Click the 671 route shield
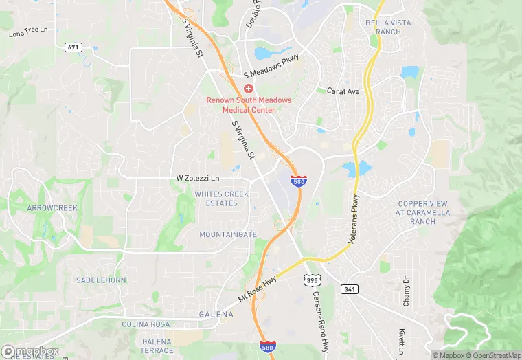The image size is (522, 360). [73, 47]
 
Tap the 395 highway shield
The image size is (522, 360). [313, 280]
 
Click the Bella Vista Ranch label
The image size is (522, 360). [388, 27]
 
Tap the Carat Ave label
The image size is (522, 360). [343, 91]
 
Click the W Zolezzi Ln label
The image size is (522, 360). [198, 179]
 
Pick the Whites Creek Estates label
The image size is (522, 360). [221, 199]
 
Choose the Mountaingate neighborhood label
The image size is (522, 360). [228, 234]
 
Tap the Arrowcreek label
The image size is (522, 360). [53, 207]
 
